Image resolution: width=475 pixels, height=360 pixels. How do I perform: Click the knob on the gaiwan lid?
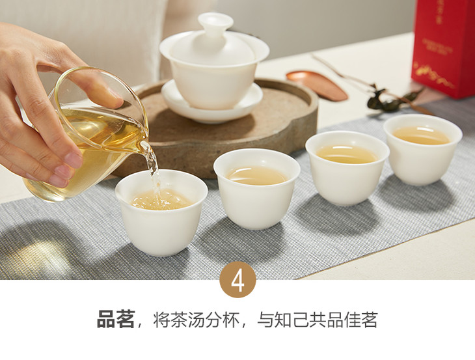point(215,22)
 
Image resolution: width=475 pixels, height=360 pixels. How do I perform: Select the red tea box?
point(443,48)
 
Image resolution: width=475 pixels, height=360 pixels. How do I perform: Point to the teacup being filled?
point(161,212)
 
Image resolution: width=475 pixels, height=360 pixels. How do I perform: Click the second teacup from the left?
point(256,189)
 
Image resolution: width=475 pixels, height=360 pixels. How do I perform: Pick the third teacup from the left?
point(347,167)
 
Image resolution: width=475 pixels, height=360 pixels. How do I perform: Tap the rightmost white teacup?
point(422,149)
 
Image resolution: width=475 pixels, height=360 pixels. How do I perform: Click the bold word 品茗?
point(116,320)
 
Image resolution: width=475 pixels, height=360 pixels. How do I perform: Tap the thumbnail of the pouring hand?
point(74,159)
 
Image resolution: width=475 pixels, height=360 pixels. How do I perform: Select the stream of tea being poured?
point(154,172)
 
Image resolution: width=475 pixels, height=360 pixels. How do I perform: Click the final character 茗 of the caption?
point(369,320)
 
